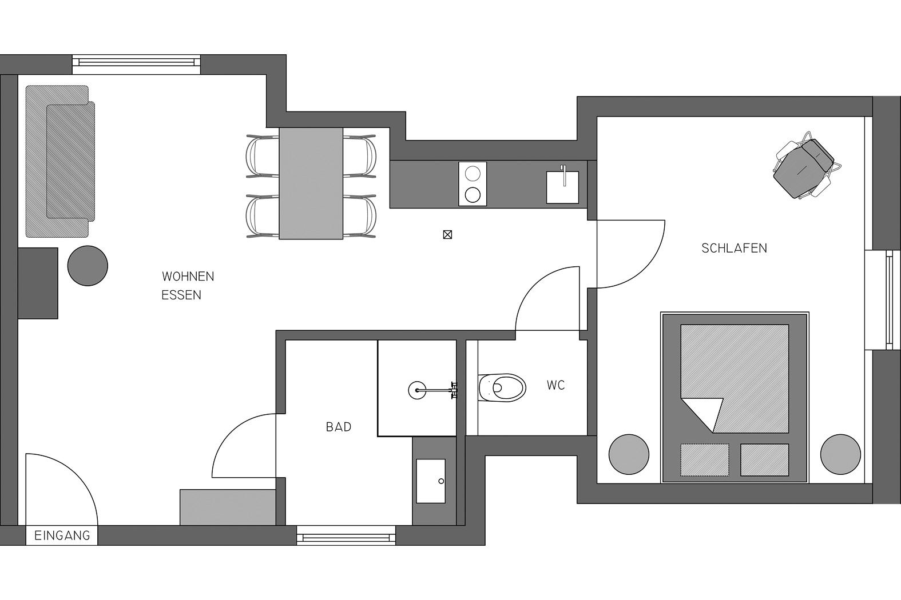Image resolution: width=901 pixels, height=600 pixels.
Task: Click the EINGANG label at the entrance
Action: pos(62,535)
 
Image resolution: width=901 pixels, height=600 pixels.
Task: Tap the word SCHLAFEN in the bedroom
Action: pos(734,249)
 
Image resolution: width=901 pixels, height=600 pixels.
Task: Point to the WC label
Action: pos(556,385)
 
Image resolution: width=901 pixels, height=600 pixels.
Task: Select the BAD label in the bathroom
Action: pos(339,427)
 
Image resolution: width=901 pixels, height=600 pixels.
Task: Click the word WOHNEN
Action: pos(188,277)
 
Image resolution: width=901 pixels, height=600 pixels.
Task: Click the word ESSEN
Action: pos(181,295)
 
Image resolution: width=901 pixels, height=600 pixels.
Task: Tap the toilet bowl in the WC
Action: pos(502,388)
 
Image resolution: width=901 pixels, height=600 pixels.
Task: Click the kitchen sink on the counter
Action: pos(562,187)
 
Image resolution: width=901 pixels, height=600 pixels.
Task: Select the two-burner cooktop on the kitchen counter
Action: pos(473,184)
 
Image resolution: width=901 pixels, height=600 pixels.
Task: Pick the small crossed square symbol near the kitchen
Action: pos(447,234)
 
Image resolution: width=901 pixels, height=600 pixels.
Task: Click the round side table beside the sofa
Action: pos(88,266)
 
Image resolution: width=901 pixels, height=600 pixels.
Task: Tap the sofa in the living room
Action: pos(60,161)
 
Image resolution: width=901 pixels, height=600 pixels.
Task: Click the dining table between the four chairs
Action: pos(311,183)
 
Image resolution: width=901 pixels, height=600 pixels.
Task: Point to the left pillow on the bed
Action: pos(705,460)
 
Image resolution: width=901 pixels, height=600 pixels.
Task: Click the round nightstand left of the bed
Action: pos(629,454)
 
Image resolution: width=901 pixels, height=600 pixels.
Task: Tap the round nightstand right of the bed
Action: pos(841,454)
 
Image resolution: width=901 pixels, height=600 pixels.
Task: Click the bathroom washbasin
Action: pos(431,481)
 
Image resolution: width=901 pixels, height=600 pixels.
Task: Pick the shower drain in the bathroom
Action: pos(417,390)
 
